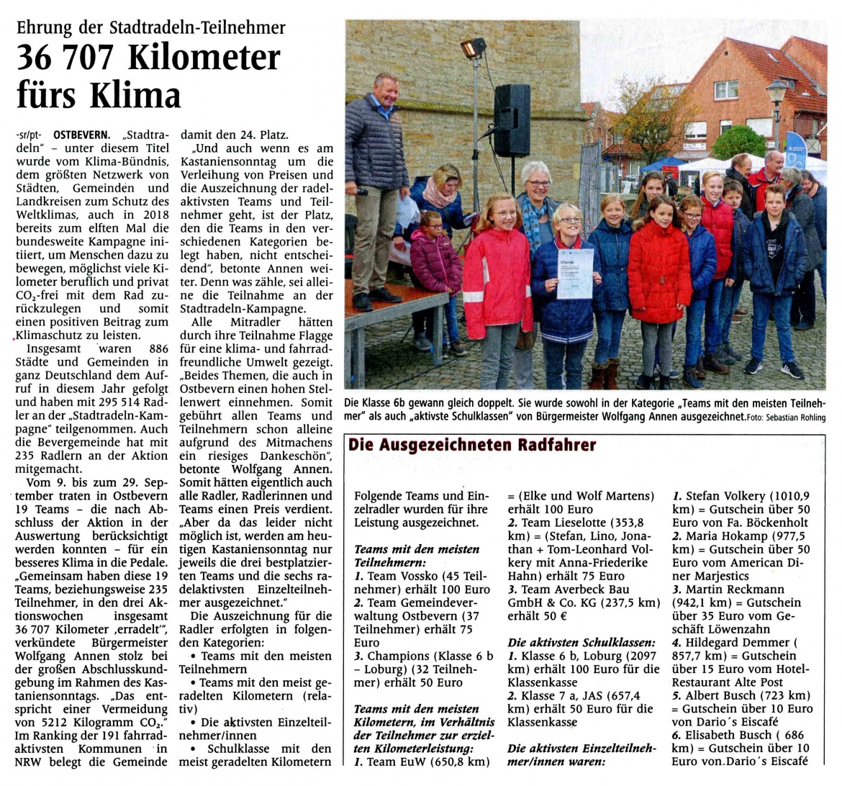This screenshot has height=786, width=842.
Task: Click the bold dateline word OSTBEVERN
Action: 82,135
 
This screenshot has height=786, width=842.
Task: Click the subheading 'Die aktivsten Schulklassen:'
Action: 581,642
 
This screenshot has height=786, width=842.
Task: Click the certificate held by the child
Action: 575,274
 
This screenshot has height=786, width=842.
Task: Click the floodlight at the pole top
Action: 473,49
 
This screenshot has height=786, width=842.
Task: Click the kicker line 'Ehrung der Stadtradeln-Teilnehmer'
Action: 151,28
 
